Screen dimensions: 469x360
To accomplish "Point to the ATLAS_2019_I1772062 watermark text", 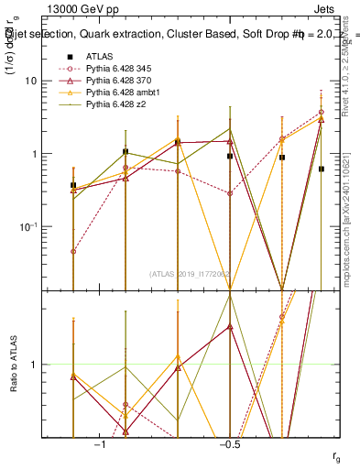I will coord(190,274).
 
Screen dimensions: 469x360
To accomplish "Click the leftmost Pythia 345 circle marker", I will coord(73,251).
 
